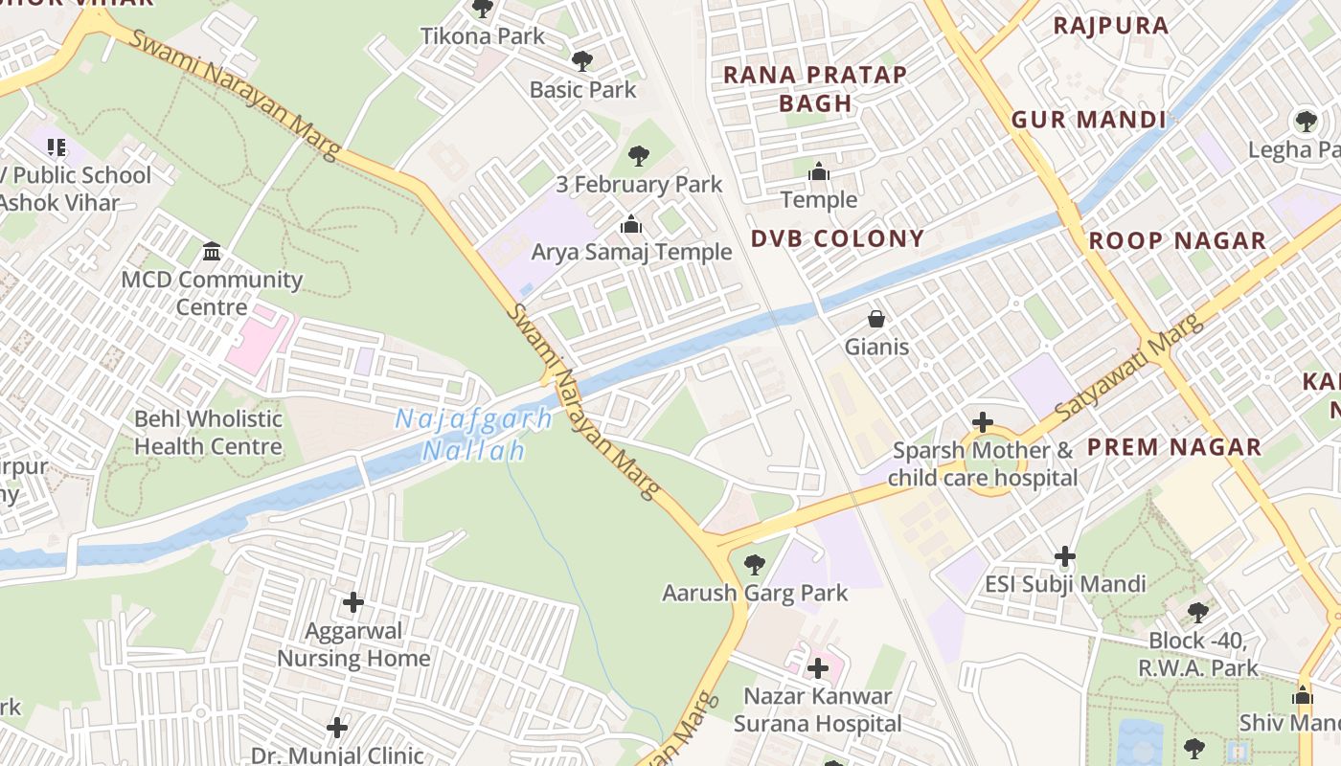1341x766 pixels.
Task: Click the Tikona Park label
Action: tap(483, 36)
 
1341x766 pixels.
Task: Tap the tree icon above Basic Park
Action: tap(581, 61)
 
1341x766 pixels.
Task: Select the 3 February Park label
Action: tap(639, 184)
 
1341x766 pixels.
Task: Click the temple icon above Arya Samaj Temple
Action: tap(631, 225)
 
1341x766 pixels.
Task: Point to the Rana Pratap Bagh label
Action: tap(815, 89)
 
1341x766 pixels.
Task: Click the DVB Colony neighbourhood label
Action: tap(837, 238)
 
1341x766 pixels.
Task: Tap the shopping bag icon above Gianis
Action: tap(876, 319)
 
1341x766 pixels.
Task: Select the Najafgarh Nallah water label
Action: tap(475, 435)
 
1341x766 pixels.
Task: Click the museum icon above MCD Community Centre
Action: tap(212, 252)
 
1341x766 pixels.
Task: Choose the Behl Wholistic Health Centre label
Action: tap(208, 433)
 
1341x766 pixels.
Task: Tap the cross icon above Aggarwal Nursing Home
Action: tap(353, 602)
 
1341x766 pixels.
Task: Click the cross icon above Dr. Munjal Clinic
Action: tap(337, 728)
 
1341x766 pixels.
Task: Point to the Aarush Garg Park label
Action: tap(755, 593)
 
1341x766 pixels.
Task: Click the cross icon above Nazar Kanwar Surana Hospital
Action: tap(818, 668)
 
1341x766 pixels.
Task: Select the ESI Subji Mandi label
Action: tap(1065, 584)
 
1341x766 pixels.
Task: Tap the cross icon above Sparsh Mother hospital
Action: tap(982, 422)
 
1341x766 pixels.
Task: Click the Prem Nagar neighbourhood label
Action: tap(1173, 447)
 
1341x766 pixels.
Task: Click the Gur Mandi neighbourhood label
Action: tap(1089, 120)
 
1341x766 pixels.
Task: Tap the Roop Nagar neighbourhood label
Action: tap(1177, 241)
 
